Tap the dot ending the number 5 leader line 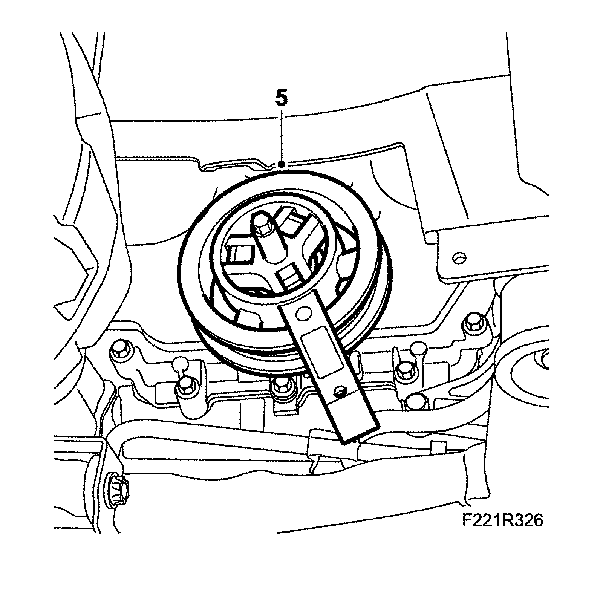[281, 164]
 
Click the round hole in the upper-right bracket [458, 258]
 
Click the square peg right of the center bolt [292, 226]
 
